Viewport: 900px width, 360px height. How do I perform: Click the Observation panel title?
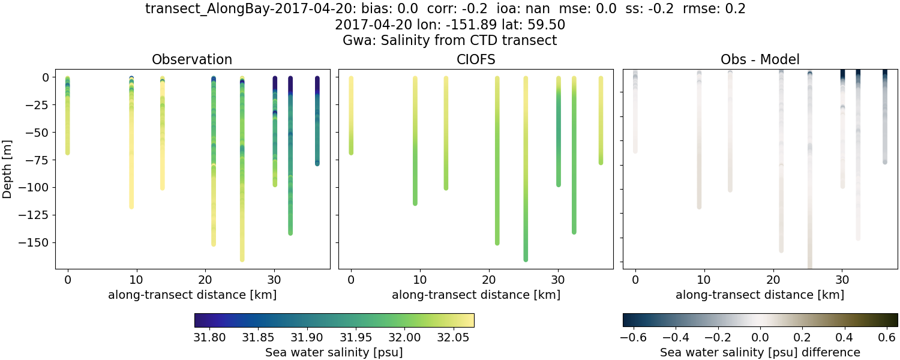(x=192, y=59)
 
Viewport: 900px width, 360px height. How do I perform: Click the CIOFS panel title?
(x=476, y=59)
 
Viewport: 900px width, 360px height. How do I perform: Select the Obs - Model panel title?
(x=760, y=59)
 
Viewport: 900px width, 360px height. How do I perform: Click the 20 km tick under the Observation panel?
(x=206, y=280)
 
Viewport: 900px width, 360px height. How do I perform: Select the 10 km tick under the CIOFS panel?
(x=420, y=280)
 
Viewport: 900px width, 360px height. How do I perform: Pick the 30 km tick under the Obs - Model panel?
(x=842, y=280)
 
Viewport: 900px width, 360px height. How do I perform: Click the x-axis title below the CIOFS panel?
(x=476, y=295)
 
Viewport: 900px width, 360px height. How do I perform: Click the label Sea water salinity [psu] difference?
(x=760, y=352)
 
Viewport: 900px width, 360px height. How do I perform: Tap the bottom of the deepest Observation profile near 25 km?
(x=242, y=259)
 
